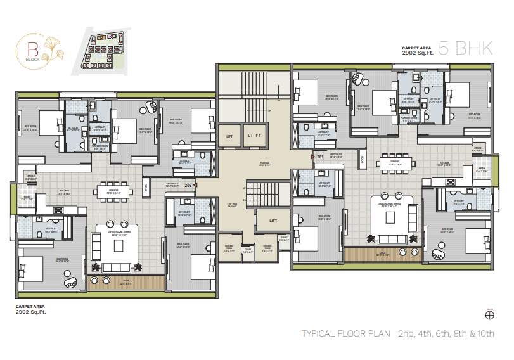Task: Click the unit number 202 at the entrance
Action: pyautogui.click(x=188, y=185)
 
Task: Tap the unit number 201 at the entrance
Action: pyautogui.click(x=320, y=157)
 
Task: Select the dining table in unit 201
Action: pyautogui.click(x=395, y=162)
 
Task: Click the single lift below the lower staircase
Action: pyautogui.click(x=273, y=221)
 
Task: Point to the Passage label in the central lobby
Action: pyautogui.click(x=265, y=164)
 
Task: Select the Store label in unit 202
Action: pyautogui.click(x=30, y=177)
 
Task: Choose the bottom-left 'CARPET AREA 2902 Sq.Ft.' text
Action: pyautogui.click(x=31, y=309)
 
